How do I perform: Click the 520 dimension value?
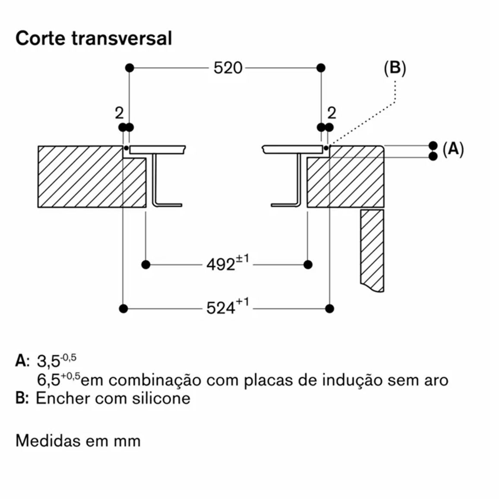click(228, 68)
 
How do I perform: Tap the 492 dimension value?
click(221, 265)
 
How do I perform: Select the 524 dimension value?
click(221, 308)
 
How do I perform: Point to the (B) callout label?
click(395, 68)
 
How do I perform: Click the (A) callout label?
click(453, 149)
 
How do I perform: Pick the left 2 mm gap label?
click(119, 113)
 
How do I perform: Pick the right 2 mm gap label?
click(332, 113)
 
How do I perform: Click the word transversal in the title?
click(122, 38)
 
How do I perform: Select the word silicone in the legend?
click(162, 398)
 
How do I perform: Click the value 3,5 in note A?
click(49, 361)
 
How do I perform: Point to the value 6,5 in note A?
click(49, 380)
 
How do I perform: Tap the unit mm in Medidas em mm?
click(127, 442)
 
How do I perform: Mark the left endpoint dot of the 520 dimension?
click(129, 68)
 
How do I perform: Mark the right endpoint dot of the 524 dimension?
click(330, 308)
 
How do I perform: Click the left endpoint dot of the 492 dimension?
click(146, 265)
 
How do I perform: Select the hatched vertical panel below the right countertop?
click(372, 250)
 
